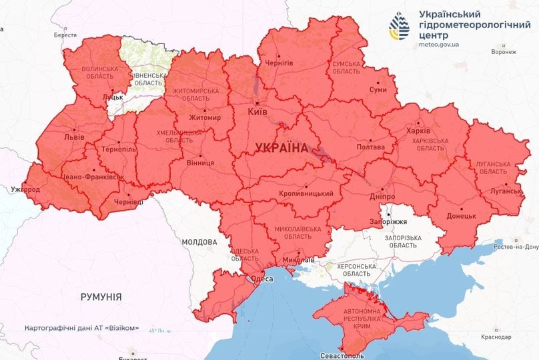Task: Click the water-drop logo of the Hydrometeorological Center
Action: click(x=402, y=27)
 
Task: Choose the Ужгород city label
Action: click(x=25, y=190)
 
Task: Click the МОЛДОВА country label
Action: click(x=198, y=243)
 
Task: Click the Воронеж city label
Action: click(x=504, y=51)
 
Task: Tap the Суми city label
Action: click(x=378, y=89)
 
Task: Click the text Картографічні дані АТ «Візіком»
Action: click(x=82, y=328)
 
